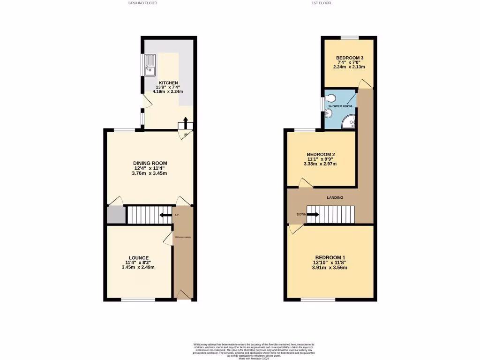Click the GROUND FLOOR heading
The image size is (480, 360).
(x=142, y=3)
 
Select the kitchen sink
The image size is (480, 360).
(x=150, y=65)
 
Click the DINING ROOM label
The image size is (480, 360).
(x=150, y=163)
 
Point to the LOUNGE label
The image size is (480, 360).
(x=139, y=258)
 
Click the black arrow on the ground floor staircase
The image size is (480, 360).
(x=165, y=215)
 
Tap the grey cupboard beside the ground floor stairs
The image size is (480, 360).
(x=116, y=215)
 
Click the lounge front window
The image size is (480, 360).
(x=138, y=300)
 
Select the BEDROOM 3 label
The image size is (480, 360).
(x=350, y=58)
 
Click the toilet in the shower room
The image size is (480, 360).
(x=331, y=98)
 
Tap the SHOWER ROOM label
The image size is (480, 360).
(x=340, y=106)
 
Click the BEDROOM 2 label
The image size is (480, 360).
(x=321, y=154)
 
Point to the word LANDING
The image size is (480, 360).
(x=335, y=198)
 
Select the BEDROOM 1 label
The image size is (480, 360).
(x=330, y=257)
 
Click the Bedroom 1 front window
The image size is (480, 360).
(x=318, y=300)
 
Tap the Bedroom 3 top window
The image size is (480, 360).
(x=350, y=37)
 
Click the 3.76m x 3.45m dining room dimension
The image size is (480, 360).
(x=150, y=173)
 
